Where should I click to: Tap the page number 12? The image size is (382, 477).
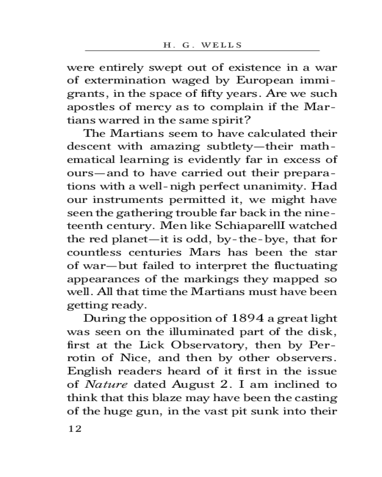pos(75,429)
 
